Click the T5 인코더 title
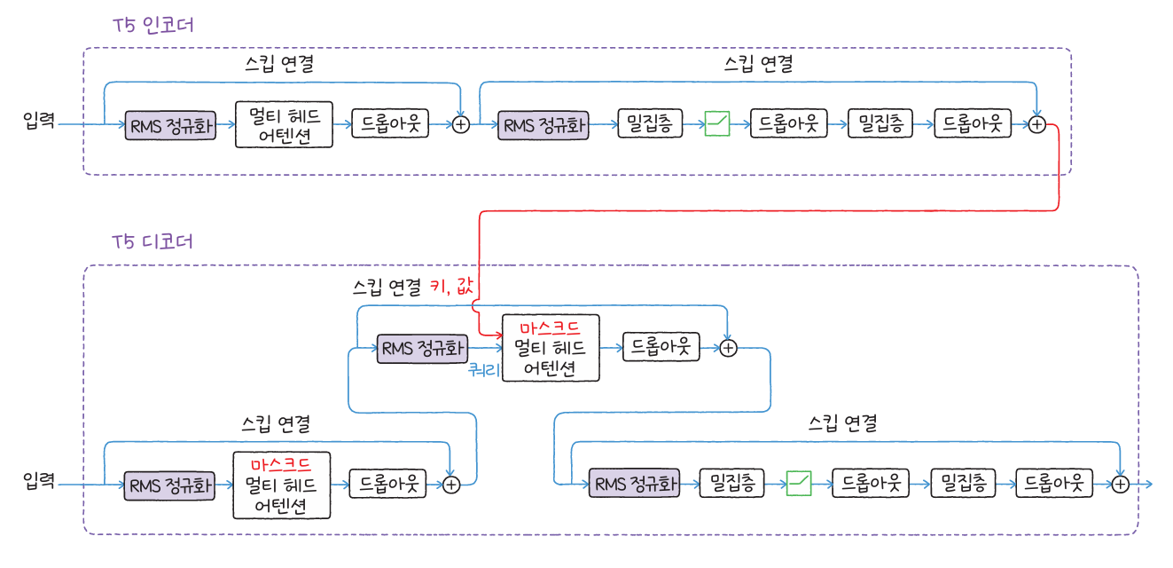click(153, 25)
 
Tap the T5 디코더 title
click(153, 241)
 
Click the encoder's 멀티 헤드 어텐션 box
click(284, 125)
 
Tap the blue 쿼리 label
click(484, 369)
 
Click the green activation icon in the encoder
click(716, 124)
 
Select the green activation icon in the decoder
click(799, 484)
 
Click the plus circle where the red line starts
click(1037, 125)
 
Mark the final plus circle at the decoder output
click(1120, 484)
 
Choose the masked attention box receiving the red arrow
click(551, 348)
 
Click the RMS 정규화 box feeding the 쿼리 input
click(422, 348)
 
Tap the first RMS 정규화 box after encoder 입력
click(171, 125)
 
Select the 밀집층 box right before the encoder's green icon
click(649, 124)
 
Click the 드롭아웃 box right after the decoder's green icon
click(871, 484)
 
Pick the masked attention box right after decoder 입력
click(281, 485)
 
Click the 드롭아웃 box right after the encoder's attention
click(390, 124)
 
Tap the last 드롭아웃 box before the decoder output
click(1054, 484)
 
